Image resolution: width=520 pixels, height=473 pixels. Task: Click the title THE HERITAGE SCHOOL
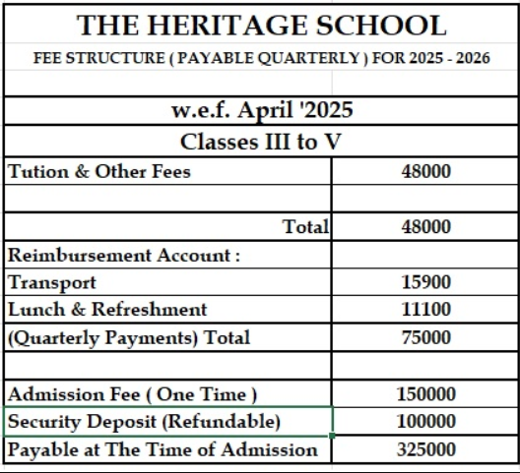coord(260,26)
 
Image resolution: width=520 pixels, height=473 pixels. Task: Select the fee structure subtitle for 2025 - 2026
coord(260,58)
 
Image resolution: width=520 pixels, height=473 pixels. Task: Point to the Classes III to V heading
coord(260,141)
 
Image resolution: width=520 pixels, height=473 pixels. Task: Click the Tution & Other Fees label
coord(99,171)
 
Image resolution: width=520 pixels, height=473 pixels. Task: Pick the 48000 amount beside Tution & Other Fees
coord(426,171)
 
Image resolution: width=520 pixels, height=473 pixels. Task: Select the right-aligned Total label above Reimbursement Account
coord(305,227)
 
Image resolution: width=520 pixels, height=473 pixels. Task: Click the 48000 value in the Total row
coord(426,227)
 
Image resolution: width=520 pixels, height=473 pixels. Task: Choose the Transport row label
coord(52,282)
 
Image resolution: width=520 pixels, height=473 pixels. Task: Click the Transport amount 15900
coord(426,282)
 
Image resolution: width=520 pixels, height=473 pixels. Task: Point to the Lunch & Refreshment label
coord(107,310)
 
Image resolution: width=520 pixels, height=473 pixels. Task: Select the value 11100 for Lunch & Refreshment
coord(426,310)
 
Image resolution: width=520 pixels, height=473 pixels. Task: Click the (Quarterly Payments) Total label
coord(129,337)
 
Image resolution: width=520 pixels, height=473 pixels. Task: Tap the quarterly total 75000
coord(426,337)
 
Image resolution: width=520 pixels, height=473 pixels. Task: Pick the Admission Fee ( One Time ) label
coord(133,394)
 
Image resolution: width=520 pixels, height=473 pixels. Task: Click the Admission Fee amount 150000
coord(426,394)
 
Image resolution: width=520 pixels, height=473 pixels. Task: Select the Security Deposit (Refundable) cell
coord(145,422)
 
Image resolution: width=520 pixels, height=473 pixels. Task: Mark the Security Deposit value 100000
coord(426,422)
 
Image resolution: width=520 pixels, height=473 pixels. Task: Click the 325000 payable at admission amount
coord(426,449)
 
